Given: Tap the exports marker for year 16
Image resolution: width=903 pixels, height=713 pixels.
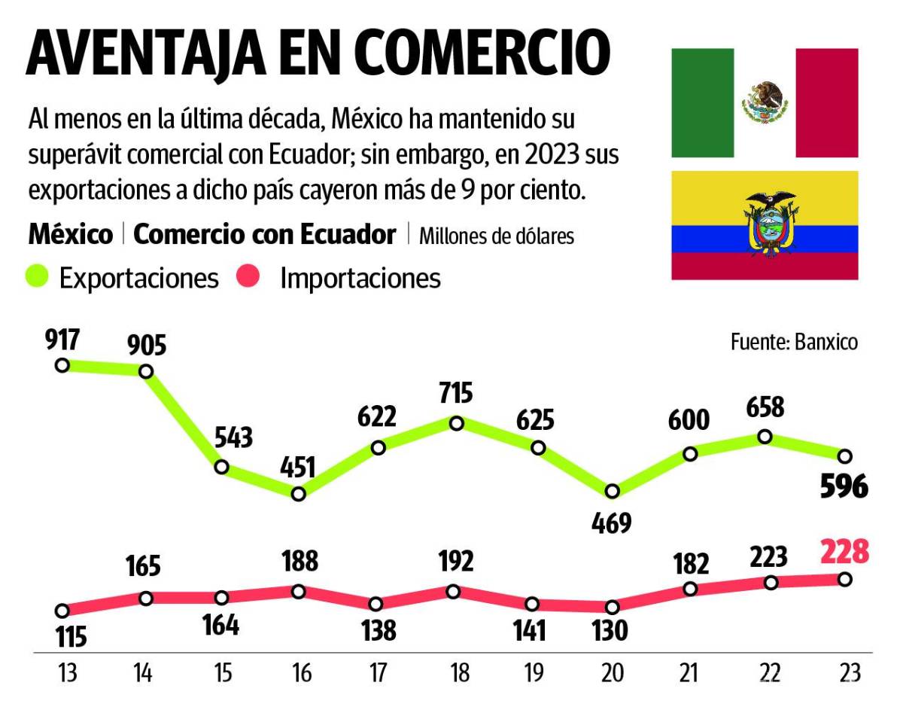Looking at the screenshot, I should point(298,494).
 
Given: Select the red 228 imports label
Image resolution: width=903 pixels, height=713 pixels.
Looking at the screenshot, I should point(844,552).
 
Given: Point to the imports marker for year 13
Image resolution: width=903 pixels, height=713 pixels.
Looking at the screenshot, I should point(62,611).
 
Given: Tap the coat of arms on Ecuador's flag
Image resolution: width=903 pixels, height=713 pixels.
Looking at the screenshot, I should point(765,224).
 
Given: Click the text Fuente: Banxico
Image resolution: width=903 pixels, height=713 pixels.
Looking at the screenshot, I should point(794,342).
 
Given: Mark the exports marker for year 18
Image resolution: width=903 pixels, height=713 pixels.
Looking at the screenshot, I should point(456,423).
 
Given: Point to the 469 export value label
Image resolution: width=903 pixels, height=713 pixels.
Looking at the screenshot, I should point(611,523).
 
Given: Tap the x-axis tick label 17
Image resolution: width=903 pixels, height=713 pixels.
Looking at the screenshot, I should point(377,672).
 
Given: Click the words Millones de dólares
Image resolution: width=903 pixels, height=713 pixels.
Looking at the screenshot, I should point(496,236).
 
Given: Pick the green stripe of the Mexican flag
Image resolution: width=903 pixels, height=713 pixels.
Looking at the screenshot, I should point(702,103).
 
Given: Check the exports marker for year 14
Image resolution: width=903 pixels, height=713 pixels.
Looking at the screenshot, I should point(146,371).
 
